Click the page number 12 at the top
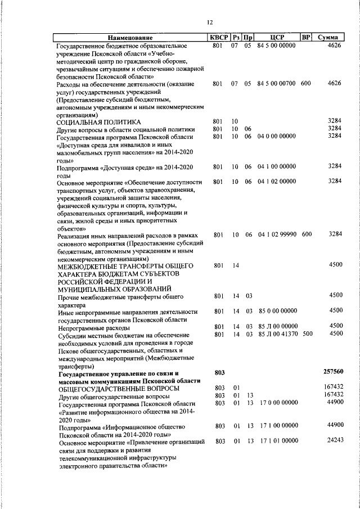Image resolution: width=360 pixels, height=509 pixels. click(x=209, y=22)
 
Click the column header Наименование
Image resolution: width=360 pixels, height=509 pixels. click(x=130, y=38)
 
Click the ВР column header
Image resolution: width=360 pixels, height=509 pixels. click(x=306, y=37)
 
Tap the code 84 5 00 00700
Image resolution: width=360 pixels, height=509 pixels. click(x=276, y=83)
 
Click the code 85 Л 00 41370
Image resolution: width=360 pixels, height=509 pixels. click(x=277, y=334)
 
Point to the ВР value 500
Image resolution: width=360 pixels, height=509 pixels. click(x=307, y=334)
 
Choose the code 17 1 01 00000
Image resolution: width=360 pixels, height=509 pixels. click(x=278, y=442)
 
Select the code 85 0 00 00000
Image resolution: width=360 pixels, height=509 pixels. click(x=277, y=310)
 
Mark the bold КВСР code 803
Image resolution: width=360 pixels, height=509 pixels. click(x=219, y=372)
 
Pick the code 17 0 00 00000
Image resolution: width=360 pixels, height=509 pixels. click(x=278, y=403)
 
